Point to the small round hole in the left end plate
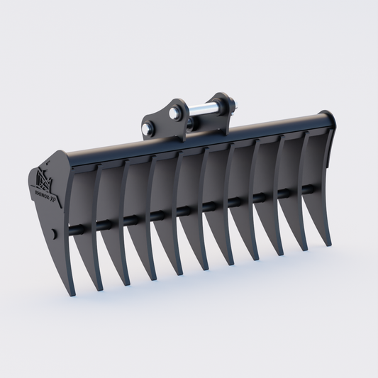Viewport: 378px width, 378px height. (55, 233)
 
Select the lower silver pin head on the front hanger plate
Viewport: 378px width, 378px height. (148, 129)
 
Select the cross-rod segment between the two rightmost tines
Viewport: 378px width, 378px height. (307, 189)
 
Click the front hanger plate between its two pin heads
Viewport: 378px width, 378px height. (160, 121)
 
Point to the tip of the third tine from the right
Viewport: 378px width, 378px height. (282, 255)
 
